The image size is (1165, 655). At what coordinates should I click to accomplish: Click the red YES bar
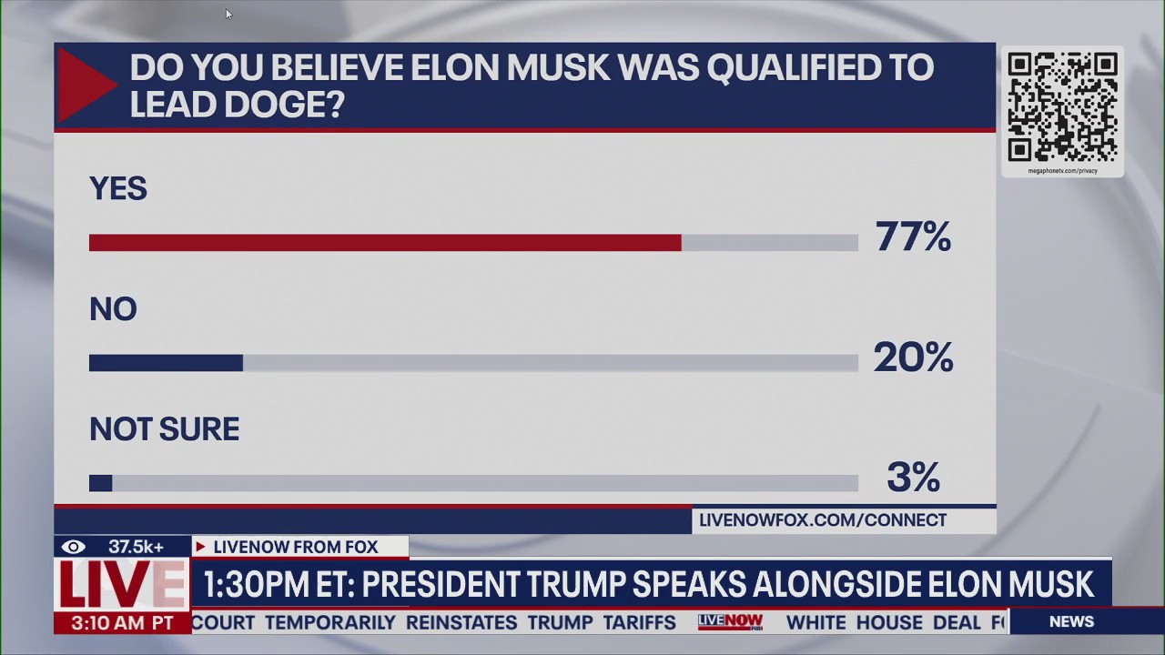(385, 243)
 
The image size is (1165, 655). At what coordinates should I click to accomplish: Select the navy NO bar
(166, 363)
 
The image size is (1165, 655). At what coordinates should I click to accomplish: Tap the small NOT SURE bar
(100, 483)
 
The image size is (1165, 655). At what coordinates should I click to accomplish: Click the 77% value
(913, 237)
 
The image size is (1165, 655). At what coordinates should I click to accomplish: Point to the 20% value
(913, 358)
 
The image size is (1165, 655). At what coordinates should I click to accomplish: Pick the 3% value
(913, 478)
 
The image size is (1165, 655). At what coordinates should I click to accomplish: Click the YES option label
(118, 188)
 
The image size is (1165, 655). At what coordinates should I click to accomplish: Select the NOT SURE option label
(164, 428)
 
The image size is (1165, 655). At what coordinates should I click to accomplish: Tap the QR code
(1062, 106)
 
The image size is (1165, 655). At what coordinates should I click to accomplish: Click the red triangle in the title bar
(84, 86)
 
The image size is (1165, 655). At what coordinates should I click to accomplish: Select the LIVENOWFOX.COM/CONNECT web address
(823, 520)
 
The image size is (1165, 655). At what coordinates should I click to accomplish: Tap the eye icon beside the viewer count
(73, 547)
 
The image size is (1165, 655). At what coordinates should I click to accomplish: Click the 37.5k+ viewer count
(136, 547)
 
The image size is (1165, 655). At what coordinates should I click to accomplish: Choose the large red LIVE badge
(121, 585)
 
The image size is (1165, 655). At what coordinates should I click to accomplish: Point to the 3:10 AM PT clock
(121, 623)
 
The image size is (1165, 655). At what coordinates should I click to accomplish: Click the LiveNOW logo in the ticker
(730, 622)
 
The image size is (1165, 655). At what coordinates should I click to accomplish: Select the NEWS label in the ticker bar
(1071, 621)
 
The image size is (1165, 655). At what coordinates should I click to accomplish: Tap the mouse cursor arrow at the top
(228, 14)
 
